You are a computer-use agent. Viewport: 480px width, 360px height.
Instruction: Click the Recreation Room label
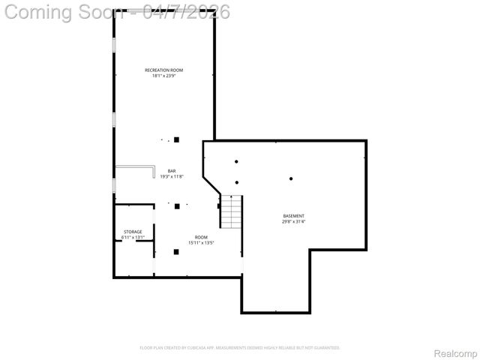pyautogui.click(x=163, y=70)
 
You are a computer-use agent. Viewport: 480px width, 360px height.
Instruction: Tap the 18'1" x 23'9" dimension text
pyautogui.click(x=163, y=76)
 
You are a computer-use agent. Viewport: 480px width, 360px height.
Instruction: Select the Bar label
pyautogui.click(x=172, y=171)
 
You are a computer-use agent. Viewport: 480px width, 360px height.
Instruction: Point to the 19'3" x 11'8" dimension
pyautogui.click(x=172, y=177)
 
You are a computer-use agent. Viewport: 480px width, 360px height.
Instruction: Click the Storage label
pyautogui.click(x=133, y=232)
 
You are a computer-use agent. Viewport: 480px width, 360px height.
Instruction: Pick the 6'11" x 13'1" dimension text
pyautogui.click(x=133, y=238)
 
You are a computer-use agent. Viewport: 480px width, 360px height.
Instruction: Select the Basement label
pyautogui.click(x=293, y=216)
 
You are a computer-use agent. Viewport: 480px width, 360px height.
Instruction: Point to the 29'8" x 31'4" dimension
pyautogui.click(x=293, y=222)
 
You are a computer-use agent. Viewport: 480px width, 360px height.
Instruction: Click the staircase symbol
pyautogui.click(x=232, y=211)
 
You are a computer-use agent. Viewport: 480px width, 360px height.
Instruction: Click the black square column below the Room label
pyautogui.click(x=177, y=252)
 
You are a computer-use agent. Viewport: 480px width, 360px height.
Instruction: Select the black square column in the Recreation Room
pyautogui.click(x=177, y=139)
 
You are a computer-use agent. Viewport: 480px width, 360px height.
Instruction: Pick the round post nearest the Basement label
pyautogui.click(x=290, y=178)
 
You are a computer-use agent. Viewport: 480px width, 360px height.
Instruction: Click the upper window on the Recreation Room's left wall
pyautogui.click(x=114, y=44)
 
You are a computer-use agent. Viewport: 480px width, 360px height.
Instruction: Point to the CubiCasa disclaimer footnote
pyautogui.click(x=240, y=348)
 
